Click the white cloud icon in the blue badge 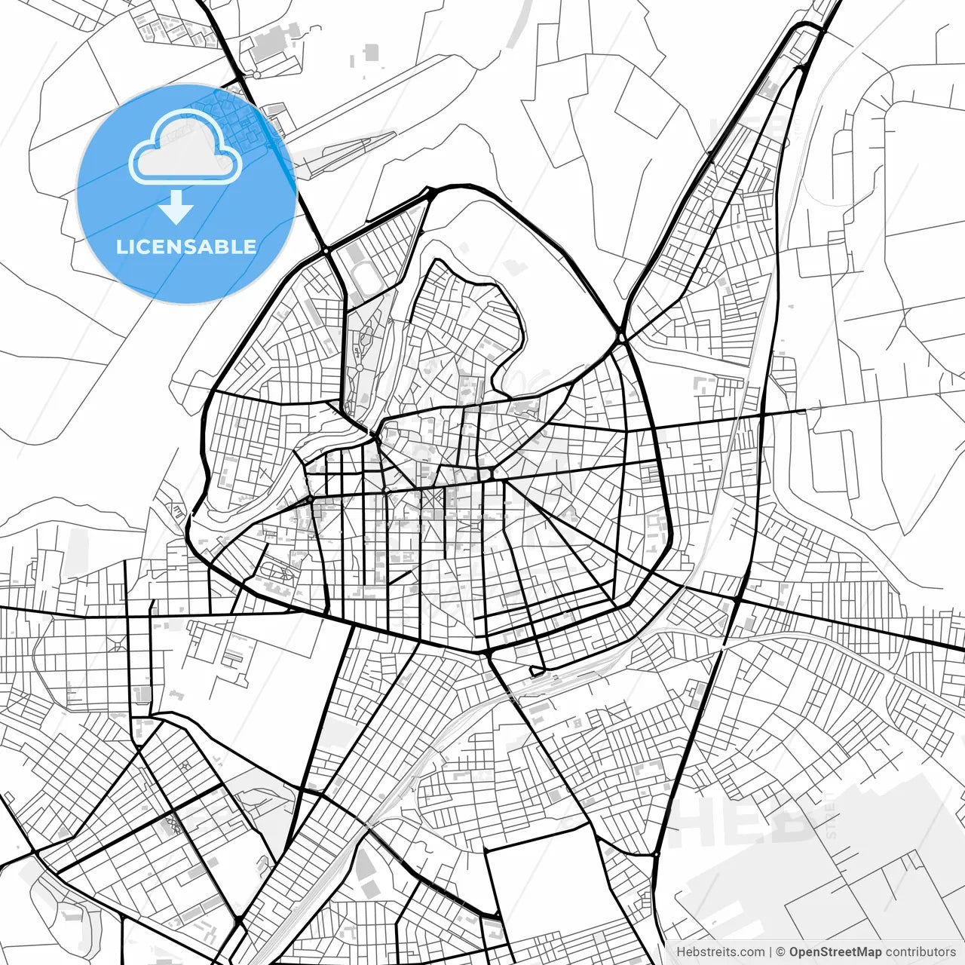coord(185,147)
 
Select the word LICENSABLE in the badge coord(185,247)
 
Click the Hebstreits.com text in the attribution coord(720,952)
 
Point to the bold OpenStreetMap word coord(835,952)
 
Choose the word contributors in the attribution coord(920,952)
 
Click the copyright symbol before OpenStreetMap coord(781,952)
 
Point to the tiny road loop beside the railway coord(537,669)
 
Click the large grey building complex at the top coord(271,45)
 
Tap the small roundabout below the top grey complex coord(256,76)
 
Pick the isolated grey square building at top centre coord(370,52)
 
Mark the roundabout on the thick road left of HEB coord(657,854)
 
